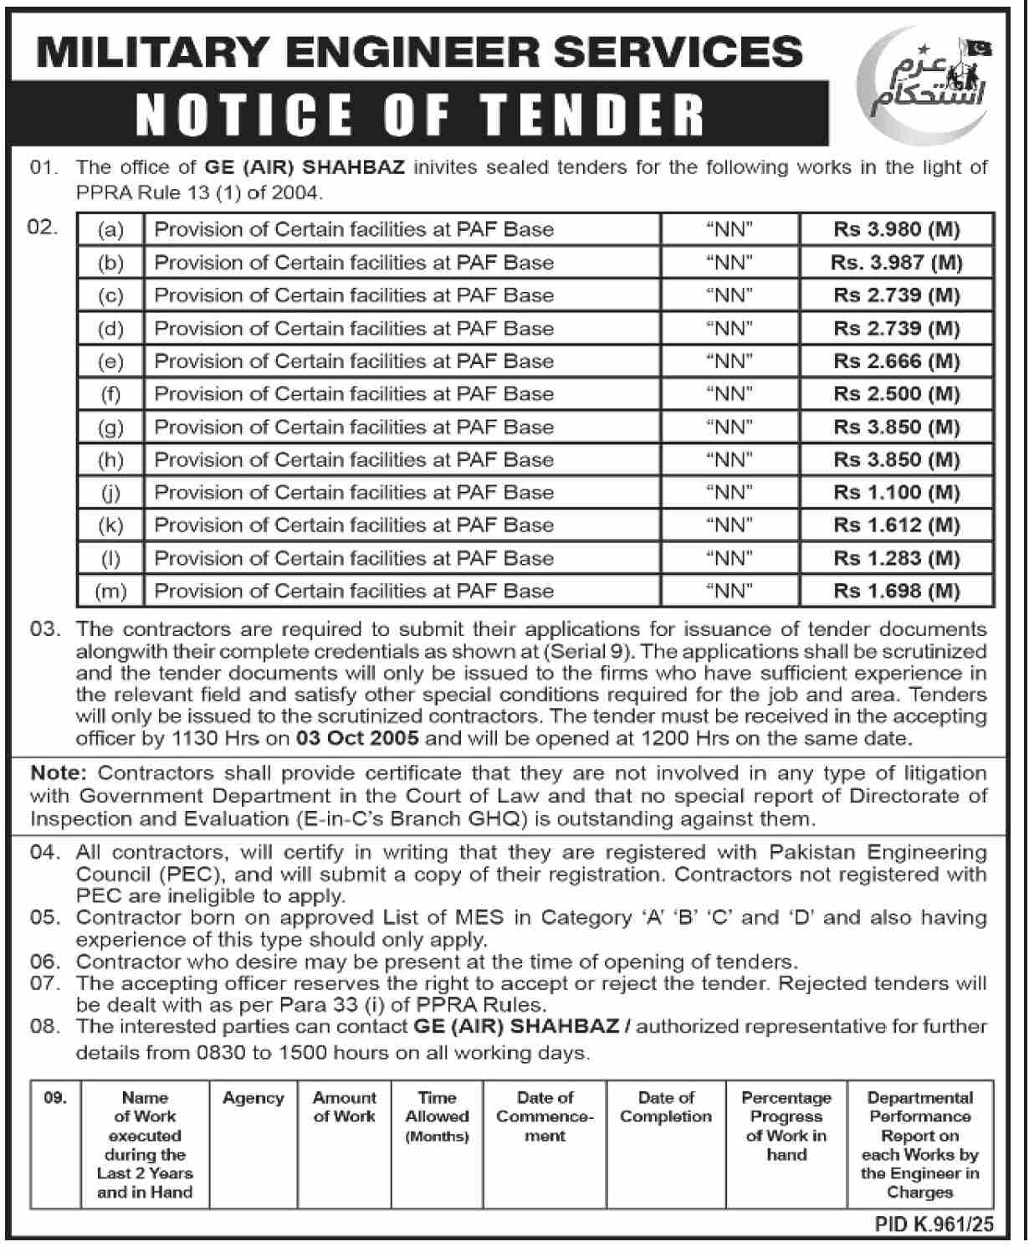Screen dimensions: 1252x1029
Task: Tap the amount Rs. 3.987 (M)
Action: pyautogui.click(x=896, y=263)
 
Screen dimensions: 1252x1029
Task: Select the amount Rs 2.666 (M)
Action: pyautogui.click(x=896, y=362)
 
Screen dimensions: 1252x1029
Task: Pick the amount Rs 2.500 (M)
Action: pyautogui.click(x=896, y=394)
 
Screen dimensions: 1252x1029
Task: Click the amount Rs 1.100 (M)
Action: pyautogui.click(x=896, y=493)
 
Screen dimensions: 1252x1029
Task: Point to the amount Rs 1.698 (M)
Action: pyautogui.click(x=896, y=591)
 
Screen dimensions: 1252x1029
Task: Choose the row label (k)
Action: pyautogui.click(x=110, y=526)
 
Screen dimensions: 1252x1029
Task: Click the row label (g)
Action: pyautogui.click(x=110, y=428)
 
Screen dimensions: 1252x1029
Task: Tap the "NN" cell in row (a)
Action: pyautogui.click(x=730, y=229)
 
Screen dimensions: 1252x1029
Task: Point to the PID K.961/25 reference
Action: pyautogui.click(x=934, y=1225)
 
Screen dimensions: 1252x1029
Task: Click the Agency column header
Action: pyautogui.click(x=253, y=1099)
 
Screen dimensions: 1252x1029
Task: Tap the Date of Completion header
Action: pyautogui.click(x=666, y=1107)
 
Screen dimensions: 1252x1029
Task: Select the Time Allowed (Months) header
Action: pyautogui.click(x=437, y=1116)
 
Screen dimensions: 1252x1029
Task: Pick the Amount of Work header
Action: pyautogui.click(x=345, y=1107)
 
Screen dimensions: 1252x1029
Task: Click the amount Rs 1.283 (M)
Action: pyautogui.click(x=896, y=558)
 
